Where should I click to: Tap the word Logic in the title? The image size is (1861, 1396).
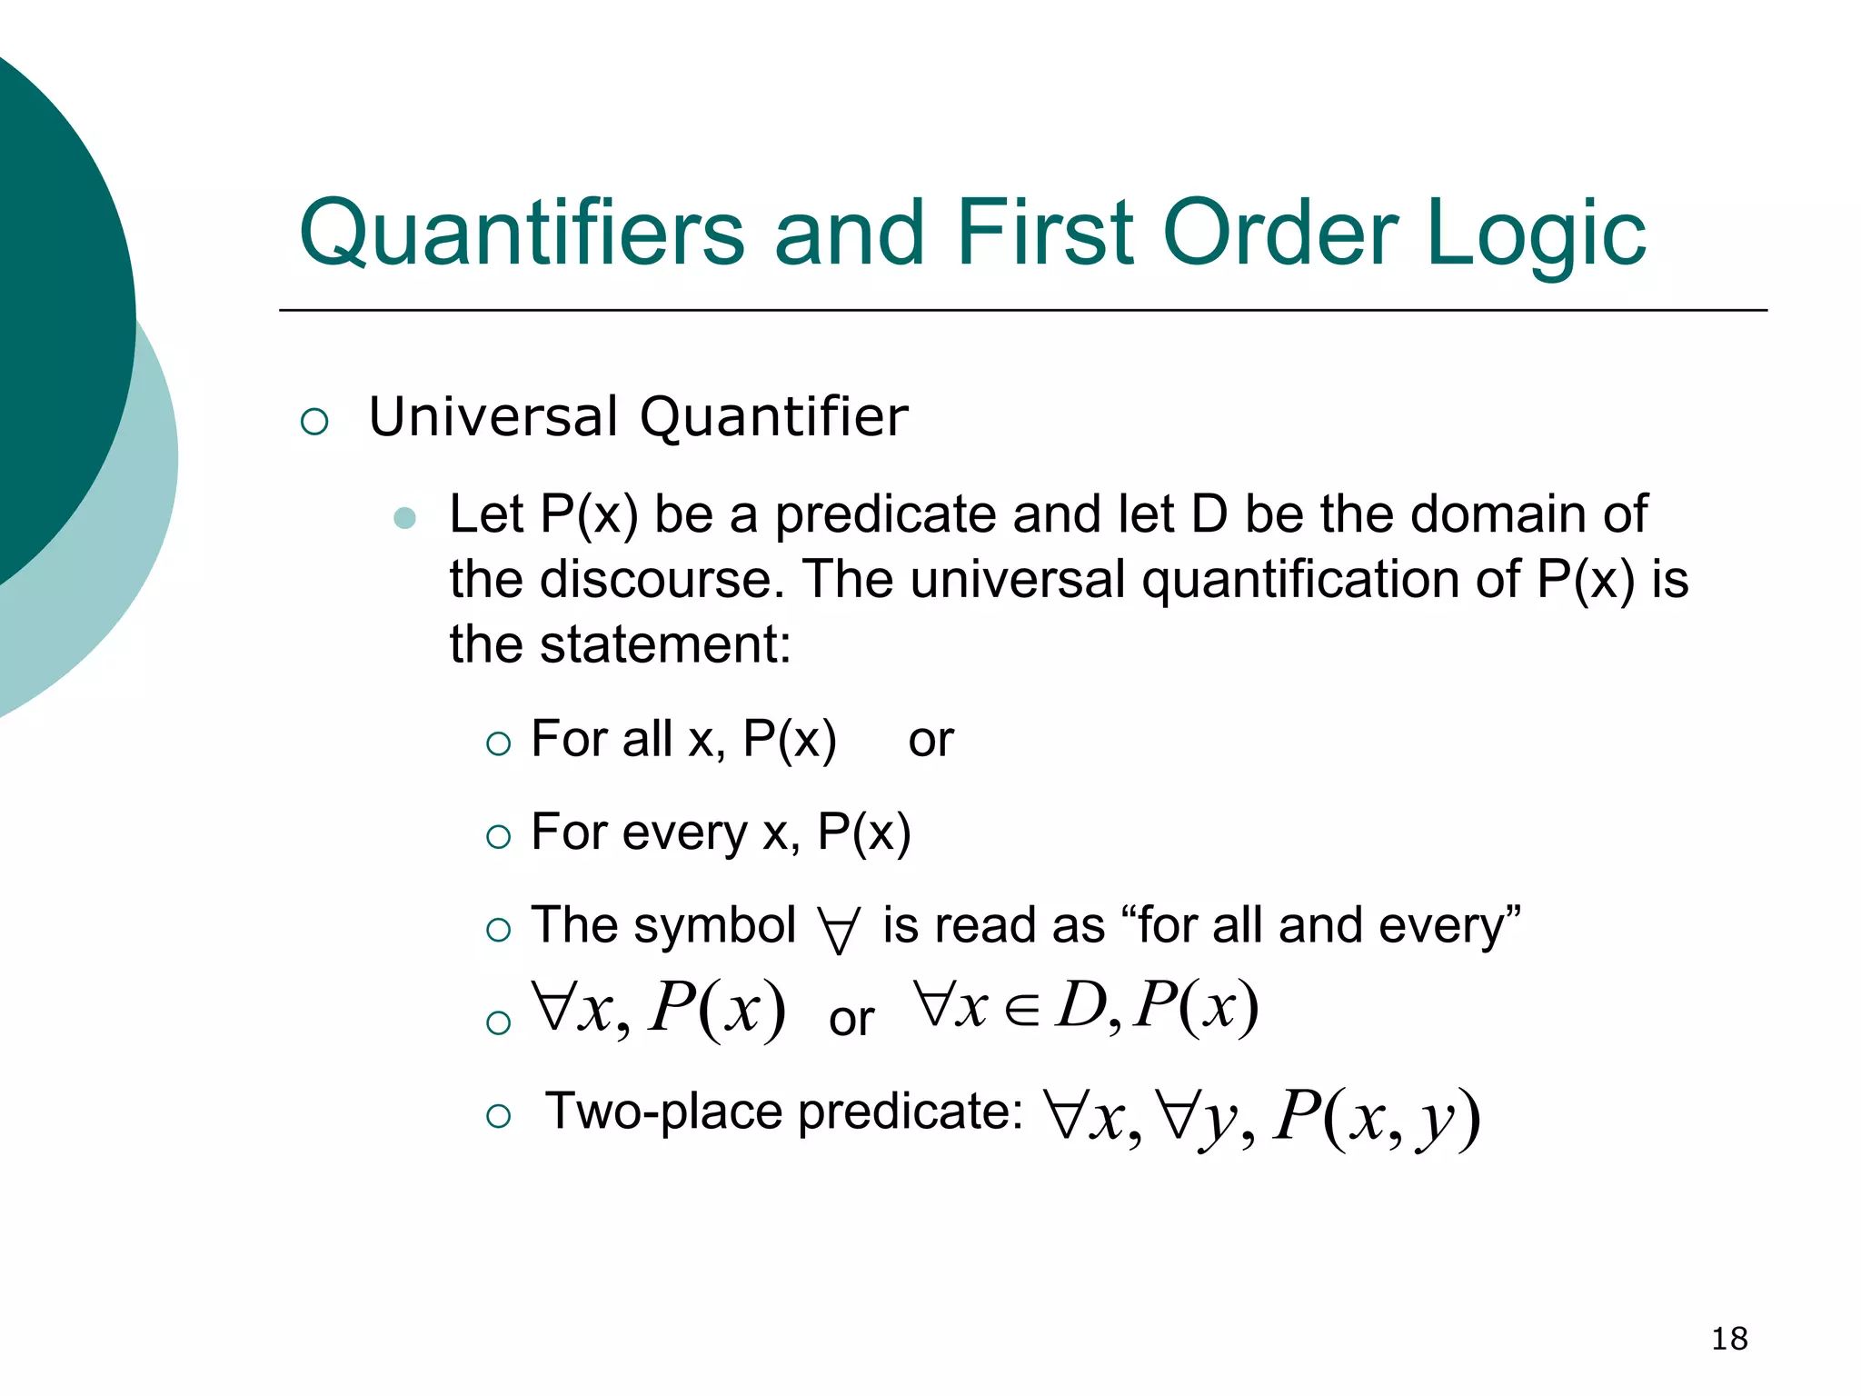tap(1535, 234)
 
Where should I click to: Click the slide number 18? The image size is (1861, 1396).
tap(1729, 1339)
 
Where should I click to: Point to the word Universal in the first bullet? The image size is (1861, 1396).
tap(493, 417)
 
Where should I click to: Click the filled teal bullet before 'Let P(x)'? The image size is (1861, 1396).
tap(405, 518)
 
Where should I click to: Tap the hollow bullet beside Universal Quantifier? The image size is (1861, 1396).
tap(314, 422)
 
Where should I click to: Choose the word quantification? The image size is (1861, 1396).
tap(1330, 580)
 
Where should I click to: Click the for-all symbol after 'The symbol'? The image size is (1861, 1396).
tap(838, 930)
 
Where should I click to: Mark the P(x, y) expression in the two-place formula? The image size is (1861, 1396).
tap(1377, 1118)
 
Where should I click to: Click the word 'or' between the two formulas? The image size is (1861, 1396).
tap(851, 1019)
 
